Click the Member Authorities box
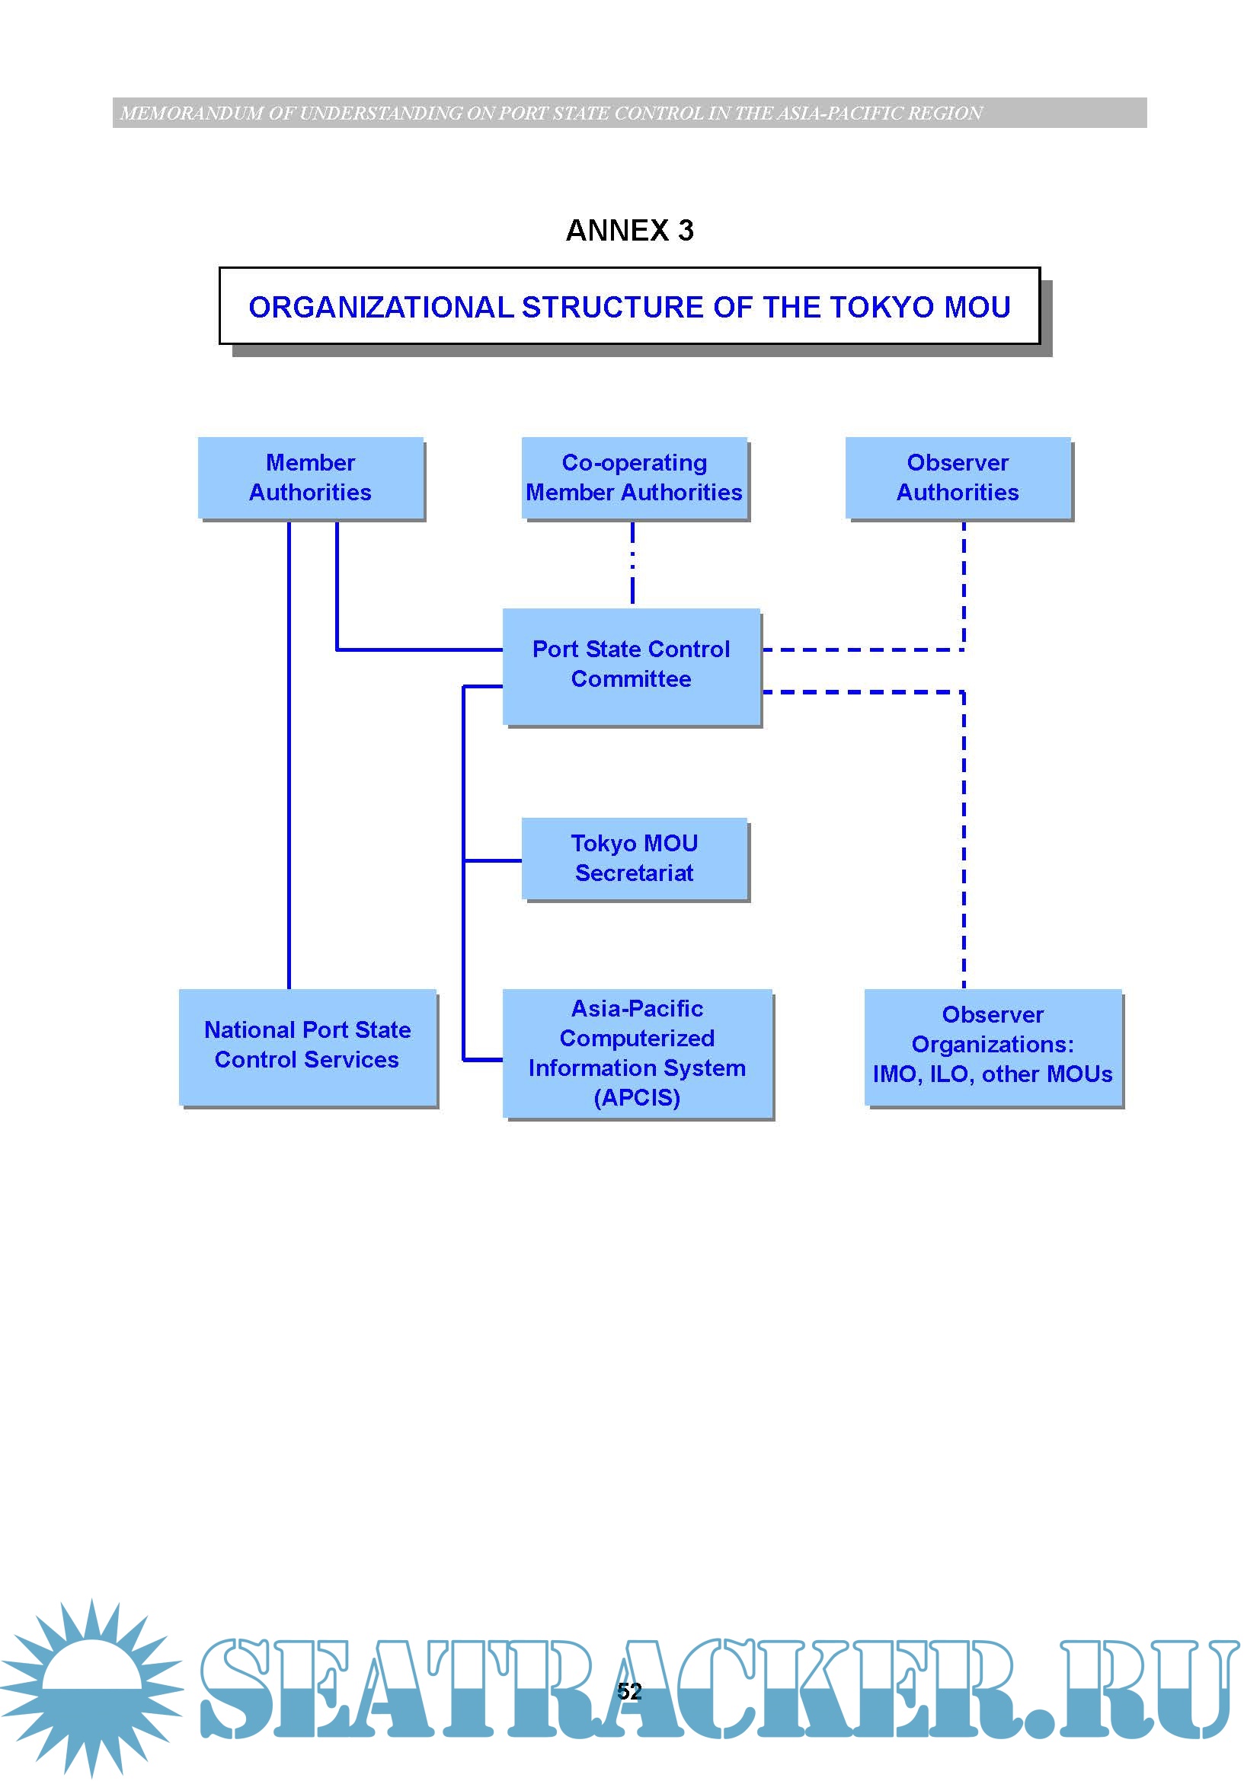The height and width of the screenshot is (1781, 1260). coord(310,478)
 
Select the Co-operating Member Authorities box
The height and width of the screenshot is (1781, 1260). coord(634,478)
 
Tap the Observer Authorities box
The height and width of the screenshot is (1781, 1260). coord(958,478)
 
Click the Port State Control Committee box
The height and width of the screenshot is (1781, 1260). coord(631,665)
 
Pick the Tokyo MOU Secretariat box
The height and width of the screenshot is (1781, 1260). coord(634,858)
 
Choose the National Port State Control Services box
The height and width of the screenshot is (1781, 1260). coord(307,1045)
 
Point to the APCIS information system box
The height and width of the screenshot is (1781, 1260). coord(637,1052)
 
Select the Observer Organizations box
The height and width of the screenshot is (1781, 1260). coord(993,1045)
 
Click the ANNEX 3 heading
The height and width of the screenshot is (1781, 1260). coord(629,231)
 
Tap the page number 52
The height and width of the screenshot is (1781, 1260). coord(629,1691)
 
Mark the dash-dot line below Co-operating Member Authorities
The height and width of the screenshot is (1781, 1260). coord(632,563)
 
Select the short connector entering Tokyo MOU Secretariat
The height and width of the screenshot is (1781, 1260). coord(493,860)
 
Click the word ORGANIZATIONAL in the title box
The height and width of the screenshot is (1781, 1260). coord(381,307)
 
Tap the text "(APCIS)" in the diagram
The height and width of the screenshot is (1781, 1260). coord(637,1098)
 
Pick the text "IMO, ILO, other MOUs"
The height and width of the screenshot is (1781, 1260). coord(993,1074)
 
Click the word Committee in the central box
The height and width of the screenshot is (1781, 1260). coord(631,679)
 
